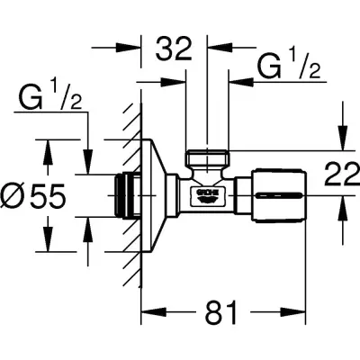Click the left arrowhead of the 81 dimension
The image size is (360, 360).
click(x=149, y=314)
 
